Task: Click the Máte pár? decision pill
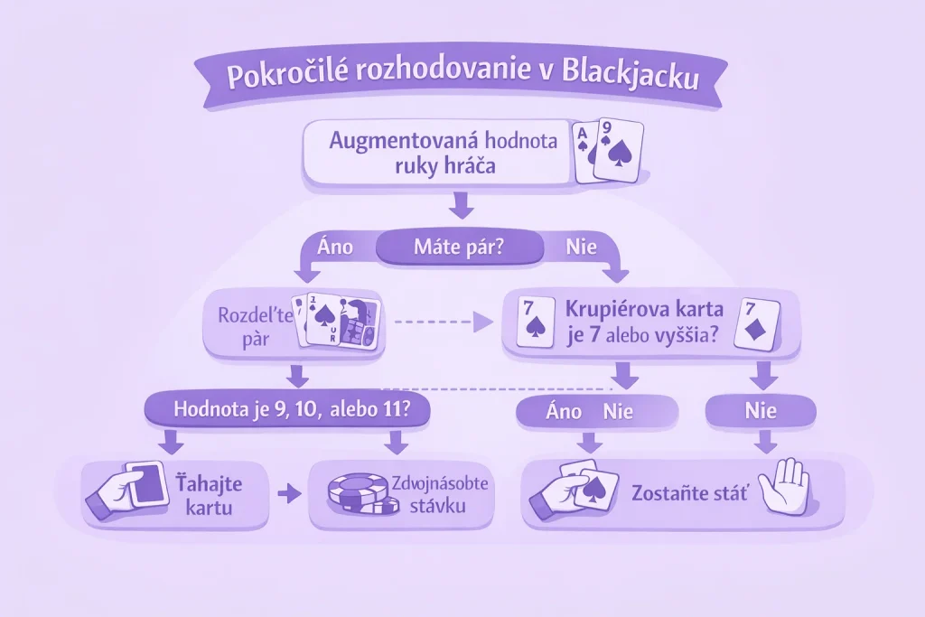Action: (x=458, y=246)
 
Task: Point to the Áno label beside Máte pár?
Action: (x=337, y=245)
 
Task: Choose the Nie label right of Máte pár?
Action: (x=581, y=246)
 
